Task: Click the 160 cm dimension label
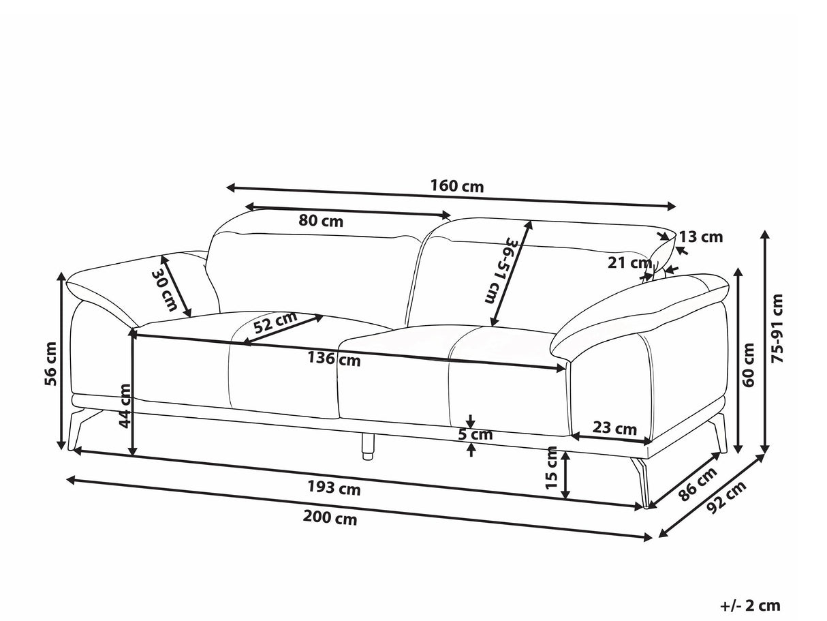(456, 186)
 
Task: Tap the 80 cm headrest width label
(321, 221)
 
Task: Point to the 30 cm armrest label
(163, 290)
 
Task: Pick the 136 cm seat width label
(334, 359)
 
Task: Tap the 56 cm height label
(50, 364)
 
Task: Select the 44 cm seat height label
(125, 406)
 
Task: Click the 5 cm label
(475, 435)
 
